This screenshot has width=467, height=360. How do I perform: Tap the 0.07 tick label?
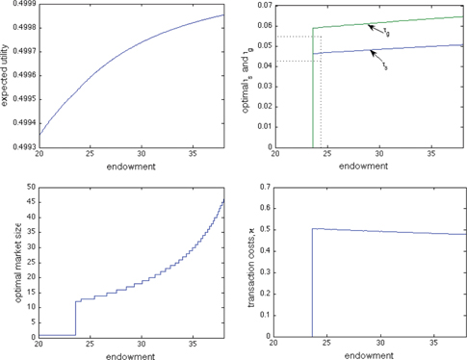264,5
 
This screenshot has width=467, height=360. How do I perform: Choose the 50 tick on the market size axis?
30,187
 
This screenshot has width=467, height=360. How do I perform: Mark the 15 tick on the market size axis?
30,292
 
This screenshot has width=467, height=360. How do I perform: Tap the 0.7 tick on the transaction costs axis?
267,187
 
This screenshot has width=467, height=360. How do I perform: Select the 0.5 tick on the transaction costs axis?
267,230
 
